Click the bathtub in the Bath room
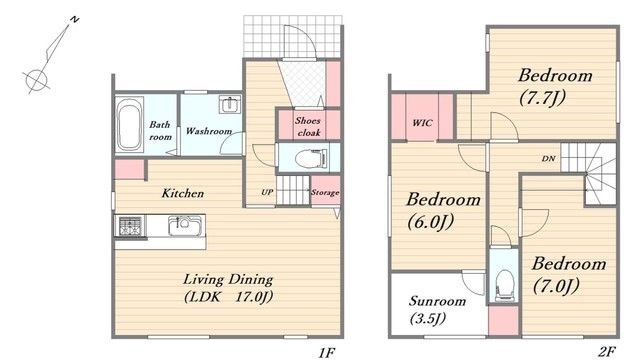[129, 124]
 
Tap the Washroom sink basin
[230, 104]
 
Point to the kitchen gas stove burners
[130, 226]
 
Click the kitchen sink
[185, 226]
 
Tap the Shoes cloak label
[308, 127]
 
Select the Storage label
[325, 192]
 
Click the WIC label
[422, 122]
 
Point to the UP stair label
[267, 192]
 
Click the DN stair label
[549, 158]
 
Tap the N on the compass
[75, 20]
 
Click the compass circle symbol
[36, 79]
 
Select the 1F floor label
[327, 352]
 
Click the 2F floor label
[607, 351]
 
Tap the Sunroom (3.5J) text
[437, 310]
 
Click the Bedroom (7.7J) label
[555, 87]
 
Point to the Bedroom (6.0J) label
[443, 211]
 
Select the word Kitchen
[182, 193]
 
